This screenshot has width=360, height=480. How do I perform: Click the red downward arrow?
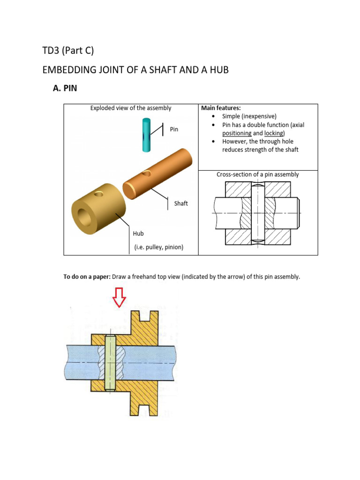tap(119, 297)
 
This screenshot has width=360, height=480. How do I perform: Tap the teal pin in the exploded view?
tap(146, 135)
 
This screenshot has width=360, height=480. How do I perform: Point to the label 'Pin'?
tap(174, 129)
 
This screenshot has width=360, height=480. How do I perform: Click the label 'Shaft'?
tap(181, 203)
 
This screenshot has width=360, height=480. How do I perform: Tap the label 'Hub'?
tap(138, 233)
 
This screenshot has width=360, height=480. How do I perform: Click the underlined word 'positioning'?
tap(237, 133)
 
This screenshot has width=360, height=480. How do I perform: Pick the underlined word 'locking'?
tap(274, 133)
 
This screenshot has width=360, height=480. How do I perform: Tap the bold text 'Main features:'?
tap(220, 108)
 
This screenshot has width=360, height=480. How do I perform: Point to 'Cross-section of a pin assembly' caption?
tap(257, 174)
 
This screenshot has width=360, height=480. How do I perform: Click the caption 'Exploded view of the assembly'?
tap(131, 108)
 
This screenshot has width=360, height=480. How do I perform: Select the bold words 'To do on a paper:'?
tap(87, 277)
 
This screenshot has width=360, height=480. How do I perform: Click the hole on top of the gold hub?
tap(99, 193)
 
